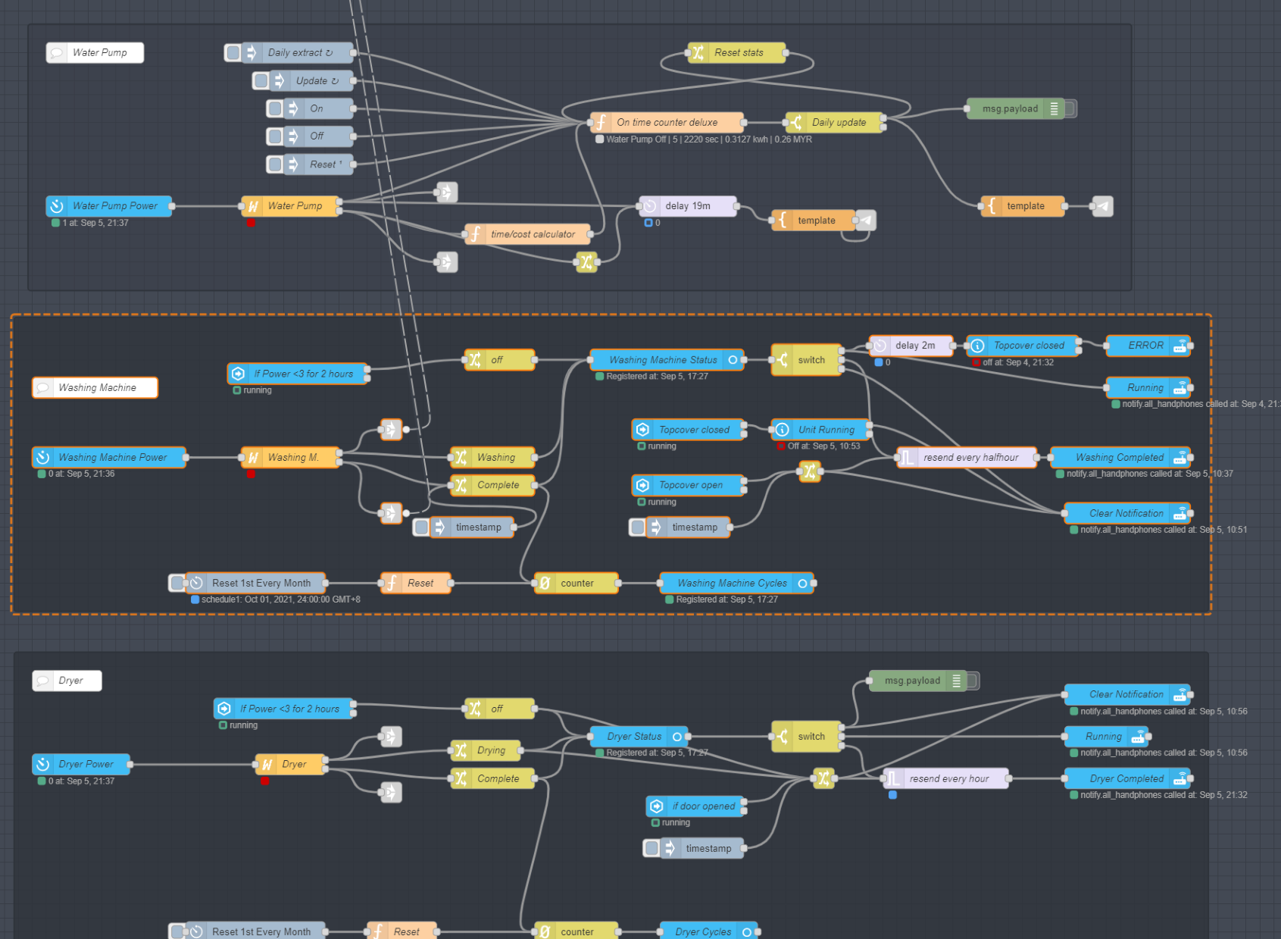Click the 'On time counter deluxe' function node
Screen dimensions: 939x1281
pos(667,122)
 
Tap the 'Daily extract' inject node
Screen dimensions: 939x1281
pos(299,52)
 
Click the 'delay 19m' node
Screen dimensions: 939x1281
pos(688,205)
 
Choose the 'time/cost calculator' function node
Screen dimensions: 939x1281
pos(532,234)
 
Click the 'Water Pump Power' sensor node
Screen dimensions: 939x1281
pos(114,205)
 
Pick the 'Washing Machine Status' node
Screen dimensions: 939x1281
pos(663,360)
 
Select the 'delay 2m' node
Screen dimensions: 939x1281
pos(914,346)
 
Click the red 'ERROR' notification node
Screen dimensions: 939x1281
pos(1145,346)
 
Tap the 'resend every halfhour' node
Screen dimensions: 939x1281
pos(970,457)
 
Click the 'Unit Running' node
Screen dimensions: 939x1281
pos(826,430)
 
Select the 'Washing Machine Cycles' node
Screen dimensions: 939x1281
pos(732,583)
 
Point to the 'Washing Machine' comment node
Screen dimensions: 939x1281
pos(96,387)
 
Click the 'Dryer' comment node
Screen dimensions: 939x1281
pos(70,681)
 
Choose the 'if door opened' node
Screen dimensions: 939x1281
pos(703,806)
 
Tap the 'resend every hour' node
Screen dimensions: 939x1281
pos(948,778)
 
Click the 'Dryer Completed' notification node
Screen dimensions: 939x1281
pos(1126,778)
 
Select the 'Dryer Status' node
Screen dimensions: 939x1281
pos(634,736)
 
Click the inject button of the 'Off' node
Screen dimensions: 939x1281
pos(275,136)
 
